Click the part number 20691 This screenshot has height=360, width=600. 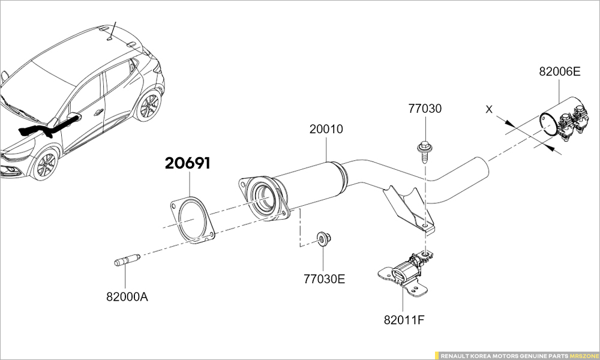click(188, 163)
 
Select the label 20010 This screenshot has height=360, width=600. click(326, 129)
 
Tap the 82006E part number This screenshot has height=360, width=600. click(560, 71)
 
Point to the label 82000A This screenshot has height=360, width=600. click(127, 296)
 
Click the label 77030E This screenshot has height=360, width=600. click(325, 279)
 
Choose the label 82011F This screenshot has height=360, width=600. click(404, 319)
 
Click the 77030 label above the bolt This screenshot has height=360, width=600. click(425, 109)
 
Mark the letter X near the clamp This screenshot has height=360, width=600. click(489, 110)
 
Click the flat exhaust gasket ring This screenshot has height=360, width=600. click(191, 220)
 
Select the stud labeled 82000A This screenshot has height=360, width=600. click(127, 261)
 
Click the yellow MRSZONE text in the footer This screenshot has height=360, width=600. click(583, 355)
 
